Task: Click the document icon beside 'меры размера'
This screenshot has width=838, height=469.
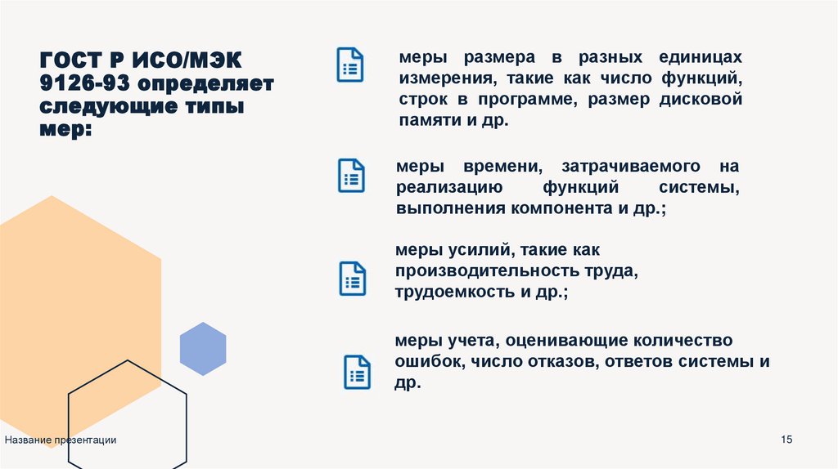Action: (350, 65)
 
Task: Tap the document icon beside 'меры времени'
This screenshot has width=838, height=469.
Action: (351, 176)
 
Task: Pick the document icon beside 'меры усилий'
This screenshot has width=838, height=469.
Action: (352, 278)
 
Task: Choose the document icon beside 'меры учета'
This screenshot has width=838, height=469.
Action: (357, 371)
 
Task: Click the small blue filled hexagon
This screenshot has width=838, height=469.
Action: (203, 349)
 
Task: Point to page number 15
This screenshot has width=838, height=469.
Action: (787, 440)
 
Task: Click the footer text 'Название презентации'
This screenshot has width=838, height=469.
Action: (61, 440)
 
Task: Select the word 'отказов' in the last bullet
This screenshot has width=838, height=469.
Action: (564, 361)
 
